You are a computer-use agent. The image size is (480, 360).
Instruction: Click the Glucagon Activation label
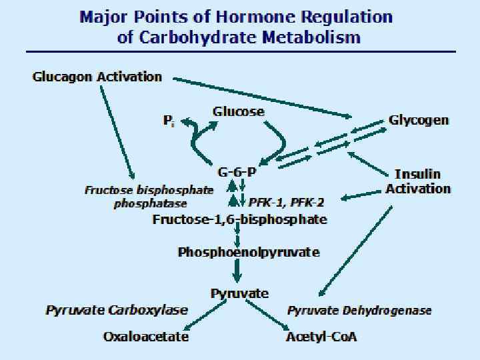(x=97, y=77)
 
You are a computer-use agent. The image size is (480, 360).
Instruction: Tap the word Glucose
(x=239, y=111)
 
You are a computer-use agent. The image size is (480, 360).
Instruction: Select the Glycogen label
(x=419, y=121)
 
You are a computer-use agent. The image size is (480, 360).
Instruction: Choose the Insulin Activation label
(x=418, y=181)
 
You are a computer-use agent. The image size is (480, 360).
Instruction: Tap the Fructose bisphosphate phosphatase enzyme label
(x=149, y=197)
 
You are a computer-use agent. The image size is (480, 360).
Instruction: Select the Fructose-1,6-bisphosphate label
(x=240, y=219)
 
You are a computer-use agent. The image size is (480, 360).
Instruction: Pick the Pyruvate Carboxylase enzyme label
(x=117, y=311)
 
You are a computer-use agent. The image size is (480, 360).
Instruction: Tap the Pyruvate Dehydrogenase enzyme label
(x=359, y=311)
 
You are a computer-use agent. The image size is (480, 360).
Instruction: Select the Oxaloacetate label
(x=146, y=337)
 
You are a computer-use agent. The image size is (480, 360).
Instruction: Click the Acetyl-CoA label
(x=321, y=337)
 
